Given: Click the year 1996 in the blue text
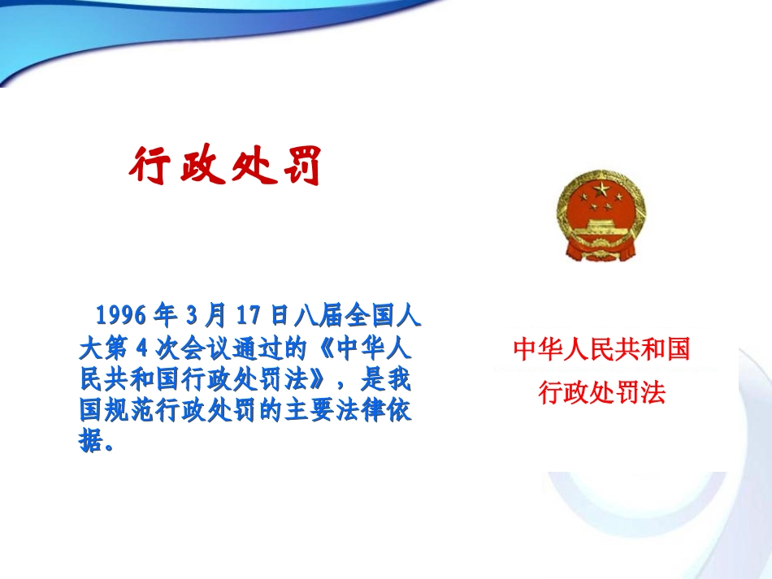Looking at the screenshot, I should [x=123, y=314].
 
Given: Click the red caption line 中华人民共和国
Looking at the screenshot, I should [x=601, y=350].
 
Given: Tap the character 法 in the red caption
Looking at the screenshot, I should [x=653, y=393].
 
